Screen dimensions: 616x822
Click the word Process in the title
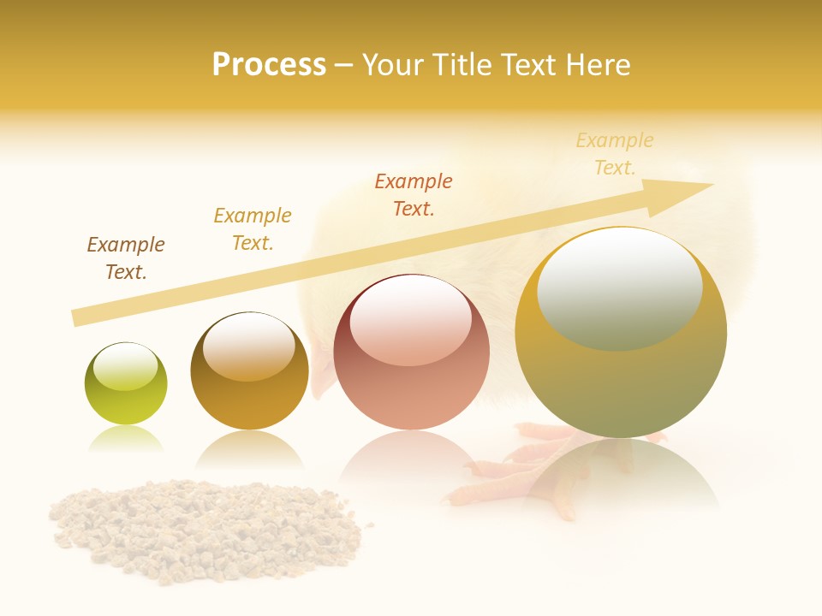(269, 65)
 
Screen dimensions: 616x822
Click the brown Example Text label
(126, 258)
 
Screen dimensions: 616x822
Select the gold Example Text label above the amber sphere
(253, 228)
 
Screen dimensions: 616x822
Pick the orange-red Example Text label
(414, 194)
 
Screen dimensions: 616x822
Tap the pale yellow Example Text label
(615, 154)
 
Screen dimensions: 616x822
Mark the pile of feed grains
(205, 526)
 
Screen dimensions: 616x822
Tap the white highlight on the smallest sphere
(125, 366)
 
